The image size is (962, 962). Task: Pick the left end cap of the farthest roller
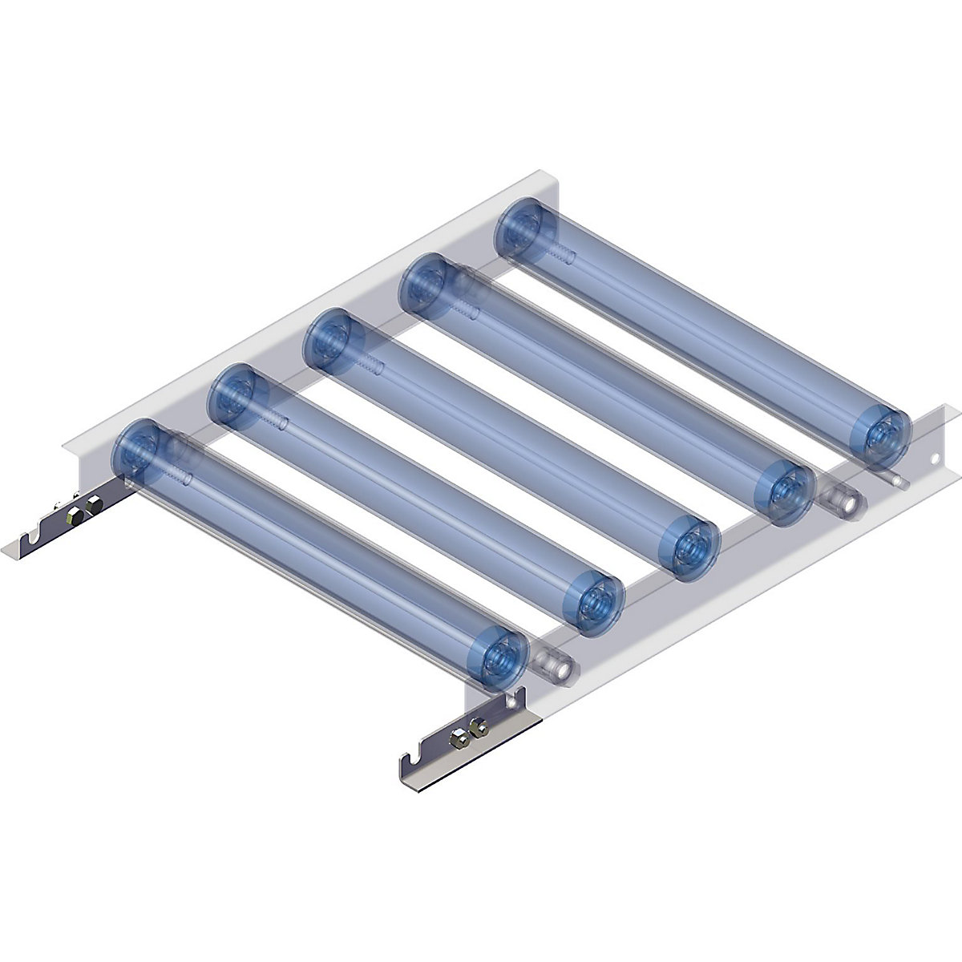(x=520, y=229)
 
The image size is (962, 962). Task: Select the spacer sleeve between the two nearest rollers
(x=553, y=665)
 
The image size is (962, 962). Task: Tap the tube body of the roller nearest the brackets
(x=321, y=553)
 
